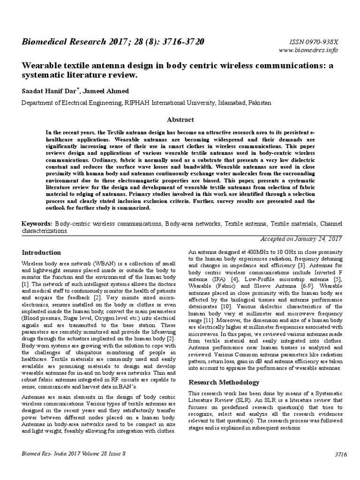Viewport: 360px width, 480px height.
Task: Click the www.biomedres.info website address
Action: pyautogui.click(x=308, y=50)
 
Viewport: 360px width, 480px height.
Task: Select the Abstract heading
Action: pyautogui.click(x=180, y=120)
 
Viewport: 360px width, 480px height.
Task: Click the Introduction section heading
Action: pyautogui.click(x=42, y=253)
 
